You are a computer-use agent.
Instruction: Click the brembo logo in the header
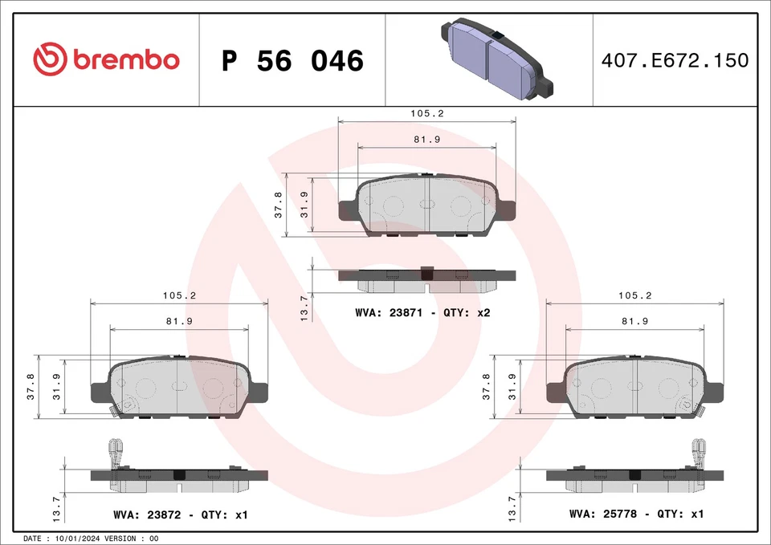pyautogui.click(x=106, y=59)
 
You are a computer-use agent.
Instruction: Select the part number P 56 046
pyautogui.click(x=292, y=61)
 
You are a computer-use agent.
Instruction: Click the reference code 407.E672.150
pyautogui.click(x=674, y=60)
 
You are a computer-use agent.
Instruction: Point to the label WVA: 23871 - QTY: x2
pyautogui.click(x=422, y=313)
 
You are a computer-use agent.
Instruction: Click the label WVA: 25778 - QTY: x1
pyautogui.click(x=636, y=514)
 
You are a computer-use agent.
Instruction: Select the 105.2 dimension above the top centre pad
pyautogui.click(x=427, y=113)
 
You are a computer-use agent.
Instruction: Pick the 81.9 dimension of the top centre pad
pyautogui.click(x=427, y=140)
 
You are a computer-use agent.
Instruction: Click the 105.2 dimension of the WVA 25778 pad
pyautogui.click(x=634, y=295)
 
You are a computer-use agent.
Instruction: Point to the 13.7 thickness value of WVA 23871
pyautogui.click(x=304, y=308)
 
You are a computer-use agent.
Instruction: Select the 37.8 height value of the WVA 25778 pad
pyautogui.click(x=486, y=386)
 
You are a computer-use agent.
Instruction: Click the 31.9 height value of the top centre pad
pyautogui.click(x=304, y=205)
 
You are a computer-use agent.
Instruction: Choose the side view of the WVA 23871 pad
pyautogui.click(x=426, y=279)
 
